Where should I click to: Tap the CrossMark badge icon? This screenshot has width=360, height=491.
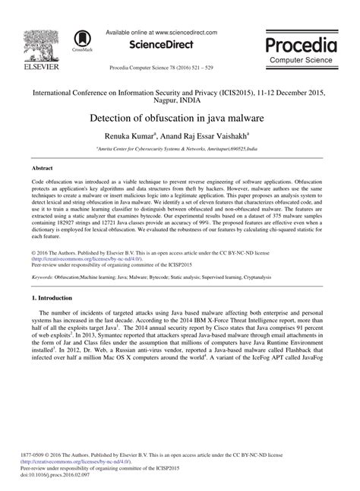(77, 42)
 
